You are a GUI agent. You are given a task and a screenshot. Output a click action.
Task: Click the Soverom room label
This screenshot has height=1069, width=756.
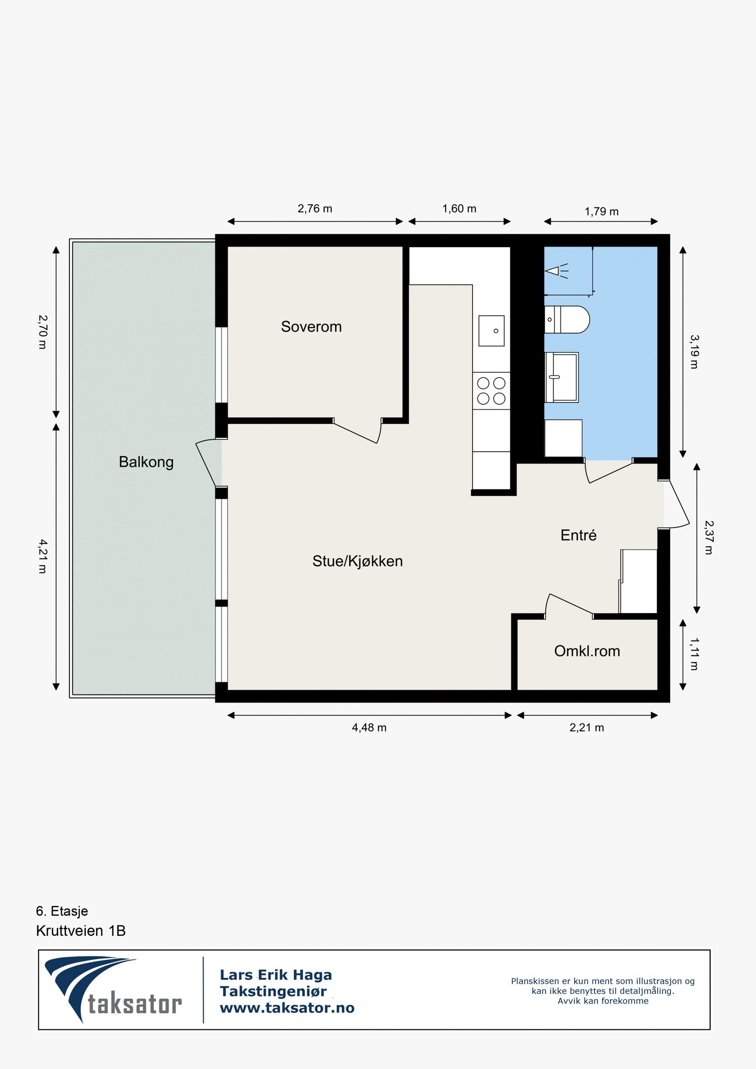pyautogui.click(x=311, y=326)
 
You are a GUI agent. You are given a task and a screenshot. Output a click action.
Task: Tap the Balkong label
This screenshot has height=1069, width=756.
pyautogui.click(x=146, y=462)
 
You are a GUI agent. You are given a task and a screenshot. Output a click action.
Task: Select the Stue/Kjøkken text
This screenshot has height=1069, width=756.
pyautogui.click(x=357, y=561)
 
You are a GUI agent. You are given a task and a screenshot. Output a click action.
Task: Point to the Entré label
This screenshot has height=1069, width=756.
pyautogui.click(x=578, y=535)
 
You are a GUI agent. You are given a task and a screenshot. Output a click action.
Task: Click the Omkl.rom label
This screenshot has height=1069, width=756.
pyautogui.click(x=587, y=651)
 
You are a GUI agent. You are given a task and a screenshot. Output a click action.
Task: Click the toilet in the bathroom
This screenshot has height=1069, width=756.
pyautogui.click(x=567, y=319)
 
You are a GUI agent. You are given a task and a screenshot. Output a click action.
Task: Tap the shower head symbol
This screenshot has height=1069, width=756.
pyautogui.click(x=556, y=271)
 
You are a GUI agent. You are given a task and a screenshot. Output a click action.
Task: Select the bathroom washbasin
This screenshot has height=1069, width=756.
pyautogui.click(x=562, y=377)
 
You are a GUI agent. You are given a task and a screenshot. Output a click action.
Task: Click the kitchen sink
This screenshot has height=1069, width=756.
pyautogui.click(x=491, y=331)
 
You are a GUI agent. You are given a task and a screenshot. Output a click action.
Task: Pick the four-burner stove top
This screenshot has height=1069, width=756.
pyautogui.click(x=491, y=391)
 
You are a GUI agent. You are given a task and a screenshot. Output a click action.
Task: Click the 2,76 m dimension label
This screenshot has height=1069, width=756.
pyautogui.click(x=315, y=208)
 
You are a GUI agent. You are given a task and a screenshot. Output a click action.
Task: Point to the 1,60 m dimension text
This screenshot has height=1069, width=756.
pyautogui.click(x=459, y=208)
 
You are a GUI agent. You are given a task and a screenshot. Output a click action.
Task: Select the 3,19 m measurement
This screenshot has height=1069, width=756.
pyautogui.click(x=694, y=352)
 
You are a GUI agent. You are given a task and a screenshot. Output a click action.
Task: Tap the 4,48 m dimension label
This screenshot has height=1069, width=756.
pyautogui.click(x=369, y=727)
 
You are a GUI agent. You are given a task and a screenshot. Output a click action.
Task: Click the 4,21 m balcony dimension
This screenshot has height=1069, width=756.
pyautogui.click(x=43, y=556)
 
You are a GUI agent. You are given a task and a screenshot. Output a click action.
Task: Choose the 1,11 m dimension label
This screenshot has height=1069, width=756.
pyautogui.click(x=694, y=654)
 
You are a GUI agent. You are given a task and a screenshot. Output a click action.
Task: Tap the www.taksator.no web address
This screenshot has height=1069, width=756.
pyautogui.click(x=287, y=1008)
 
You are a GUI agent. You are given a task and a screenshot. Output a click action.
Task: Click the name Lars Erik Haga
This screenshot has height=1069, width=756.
pyautogui.click(x=276, y=975)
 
